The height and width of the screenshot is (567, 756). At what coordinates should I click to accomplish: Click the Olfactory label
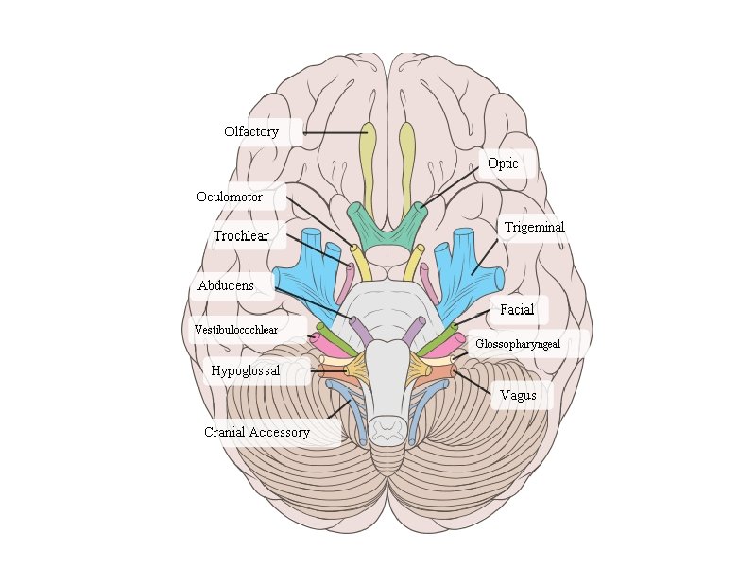(251, 132)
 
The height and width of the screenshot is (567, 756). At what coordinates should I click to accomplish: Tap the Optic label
(503, 163)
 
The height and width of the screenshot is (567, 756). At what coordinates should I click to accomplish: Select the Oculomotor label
(229, 198)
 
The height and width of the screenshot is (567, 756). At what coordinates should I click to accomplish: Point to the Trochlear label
(241, 236)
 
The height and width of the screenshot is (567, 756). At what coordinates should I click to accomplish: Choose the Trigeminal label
(534, 228)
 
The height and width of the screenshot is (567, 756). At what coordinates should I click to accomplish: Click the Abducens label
(225, 285)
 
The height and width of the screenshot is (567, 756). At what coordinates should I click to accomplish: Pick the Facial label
(517, 310)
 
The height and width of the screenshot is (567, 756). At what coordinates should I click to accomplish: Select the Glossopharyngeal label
(518, 344)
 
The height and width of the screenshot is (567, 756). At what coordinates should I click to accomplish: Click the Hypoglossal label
(246, 371)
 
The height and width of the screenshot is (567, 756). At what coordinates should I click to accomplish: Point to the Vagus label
(518, 396)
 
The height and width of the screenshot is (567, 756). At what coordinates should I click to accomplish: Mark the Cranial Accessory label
(257, 433)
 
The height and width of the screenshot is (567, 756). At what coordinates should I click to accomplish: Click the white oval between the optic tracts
(387, 255)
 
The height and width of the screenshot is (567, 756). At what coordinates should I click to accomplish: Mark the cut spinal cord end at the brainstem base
(387, 430)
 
